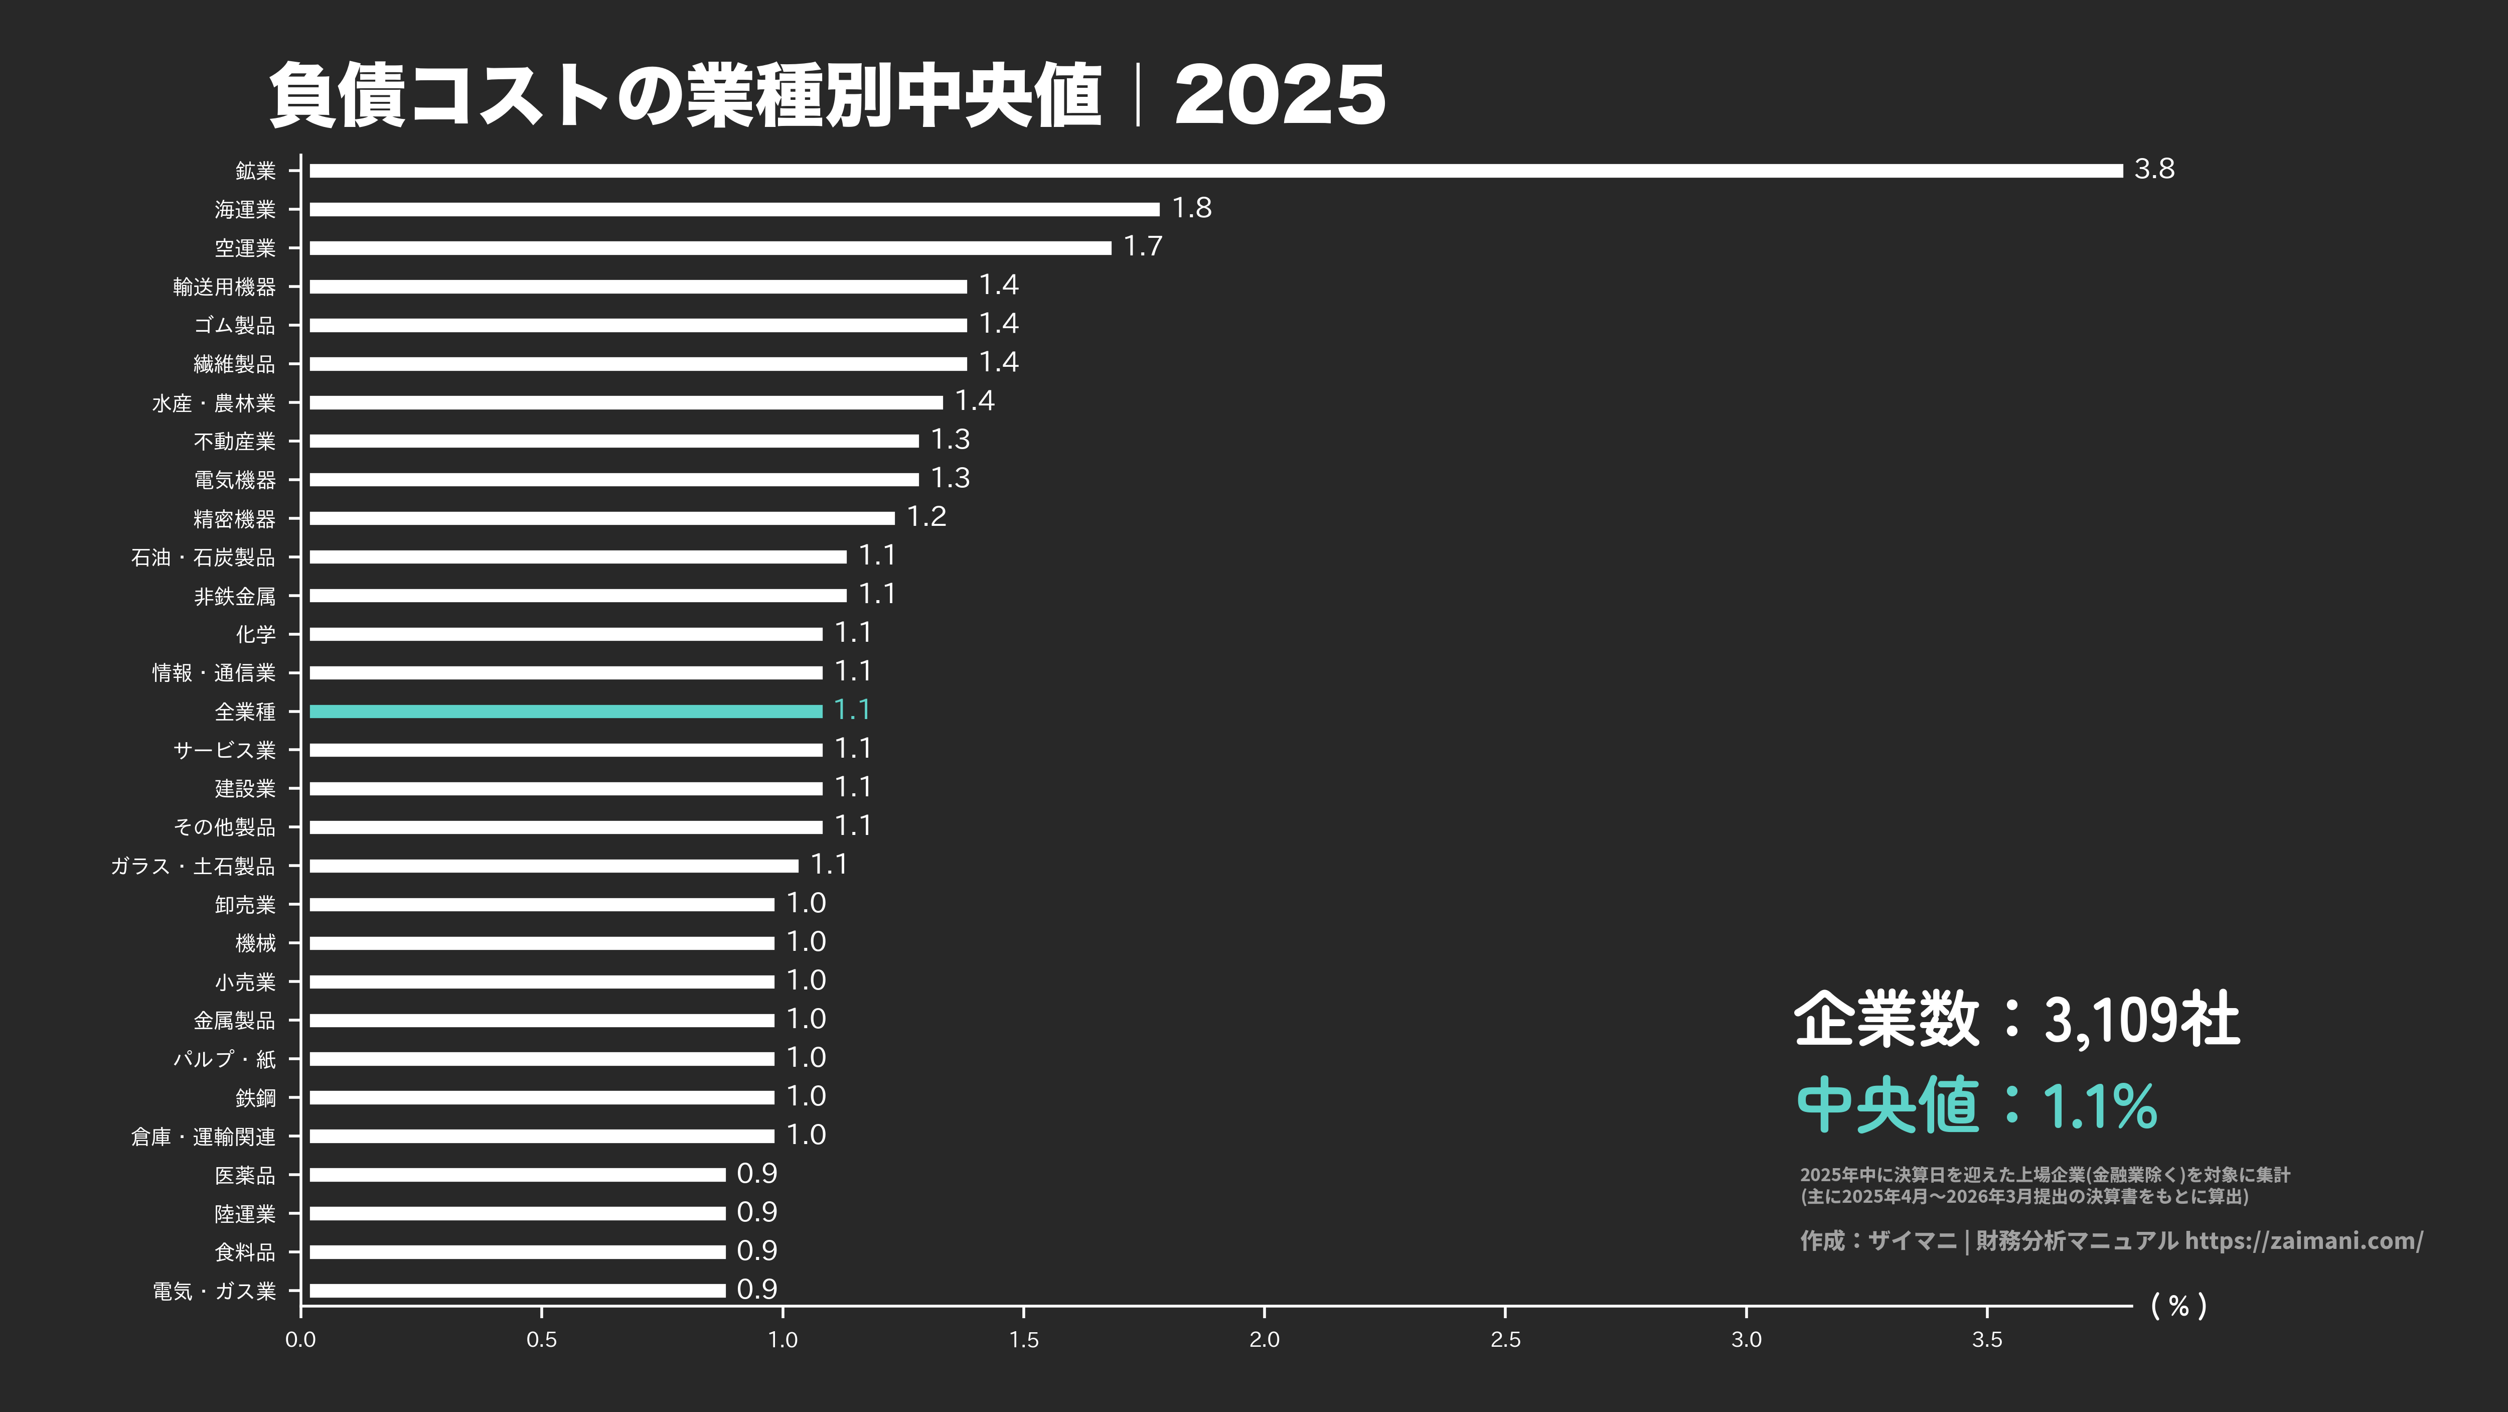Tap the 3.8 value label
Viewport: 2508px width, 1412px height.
click(2153, 170)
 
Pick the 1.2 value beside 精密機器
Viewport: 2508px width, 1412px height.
click(926, 517)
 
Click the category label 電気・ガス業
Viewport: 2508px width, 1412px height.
click(214, 1291)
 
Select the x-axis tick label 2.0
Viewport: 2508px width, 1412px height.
click(1264, 1340)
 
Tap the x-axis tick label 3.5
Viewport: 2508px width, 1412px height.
click(1986, 1340)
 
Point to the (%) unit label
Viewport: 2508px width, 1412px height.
click(2178, 1306)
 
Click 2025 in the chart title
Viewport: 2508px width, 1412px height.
click(1279, 95)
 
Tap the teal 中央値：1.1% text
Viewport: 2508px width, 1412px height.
click(1976, 1106)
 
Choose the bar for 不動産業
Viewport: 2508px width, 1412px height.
click(613, 441)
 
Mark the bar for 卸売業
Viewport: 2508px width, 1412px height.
click(541, 905)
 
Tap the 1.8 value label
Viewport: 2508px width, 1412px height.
click(1192, 208)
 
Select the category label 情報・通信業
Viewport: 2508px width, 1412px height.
click(214, 673)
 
